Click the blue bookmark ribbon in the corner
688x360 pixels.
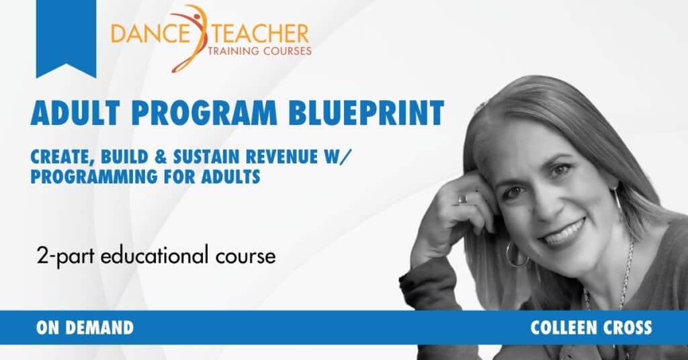click(66, 34)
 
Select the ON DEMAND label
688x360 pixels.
click(85, 328)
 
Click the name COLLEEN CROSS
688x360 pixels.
click(591, 328)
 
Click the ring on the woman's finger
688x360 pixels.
click(462, 199)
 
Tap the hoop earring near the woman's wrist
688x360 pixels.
click(517, 255)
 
